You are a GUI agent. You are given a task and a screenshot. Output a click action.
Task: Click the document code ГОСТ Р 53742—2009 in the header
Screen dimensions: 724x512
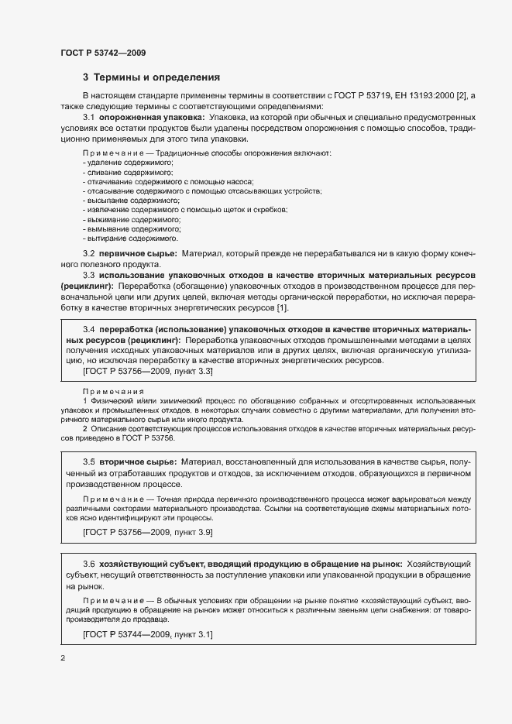point(103,53)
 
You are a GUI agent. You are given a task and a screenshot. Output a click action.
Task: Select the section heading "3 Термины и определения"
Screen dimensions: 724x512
point(151,77)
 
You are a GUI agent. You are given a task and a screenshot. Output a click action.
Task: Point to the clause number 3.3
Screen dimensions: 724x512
point(88,276)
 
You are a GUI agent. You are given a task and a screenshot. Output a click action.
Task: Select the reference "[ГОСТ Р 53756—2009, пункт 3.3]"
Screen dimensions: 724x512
point(148,372)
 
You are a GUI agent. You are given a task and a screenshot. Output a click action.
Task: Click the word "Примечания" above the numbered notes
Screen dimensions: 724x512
point(113,392)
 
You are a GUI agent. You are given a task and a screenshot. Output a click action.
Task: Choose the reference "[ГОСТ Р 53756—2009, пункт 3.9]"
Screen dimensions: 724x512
point(148,533)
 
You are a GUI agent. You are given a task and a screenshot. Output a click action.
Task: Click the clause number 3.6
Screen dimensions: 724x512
point(88,564)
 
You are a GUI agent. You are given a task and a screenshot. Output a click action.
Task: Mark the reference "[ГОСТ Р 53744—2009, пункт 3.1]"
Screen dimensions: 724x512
point(148,635)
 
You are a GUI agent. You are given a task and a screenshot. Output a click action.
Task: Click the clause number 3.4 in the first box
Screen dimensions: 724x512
point(88,328)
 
